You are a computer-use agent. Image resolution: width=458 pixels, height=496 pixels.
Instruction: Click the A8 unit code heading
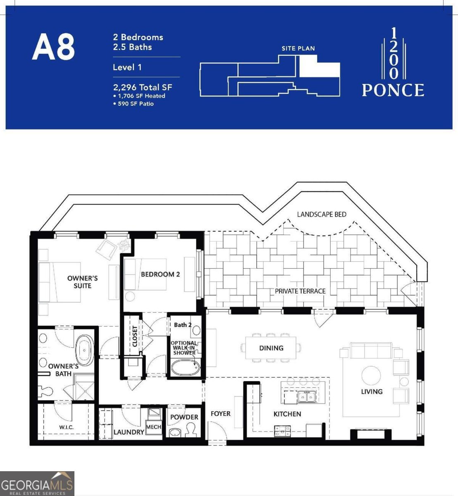53,47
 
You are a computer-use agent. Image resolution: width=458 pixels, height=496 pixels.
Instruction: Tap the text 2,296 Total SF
142,87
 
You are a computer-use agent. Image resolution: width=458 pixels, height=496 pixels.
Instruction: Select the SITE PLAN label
298,48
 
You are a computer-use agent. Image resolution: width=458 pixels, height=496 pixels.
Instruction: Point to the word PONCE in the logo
393,90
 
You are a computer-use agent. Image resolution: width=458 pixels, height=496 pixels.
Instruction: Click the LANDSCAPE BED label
322,215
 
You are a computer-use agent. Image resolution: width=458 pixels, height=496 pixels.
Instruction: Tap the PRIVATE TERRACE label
300,291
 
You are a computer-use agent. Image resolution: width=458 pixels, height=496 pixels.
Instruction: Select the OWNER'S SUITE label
82,282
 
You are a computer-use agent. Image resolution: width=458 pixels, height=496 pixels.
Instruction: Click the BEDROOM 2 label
160,274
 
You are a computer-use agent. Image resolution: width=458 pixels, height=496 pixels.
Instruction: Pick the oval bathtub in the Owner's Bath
85,350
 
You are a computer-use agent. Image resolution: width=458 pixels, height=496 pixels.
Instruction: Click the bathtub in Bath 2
186,367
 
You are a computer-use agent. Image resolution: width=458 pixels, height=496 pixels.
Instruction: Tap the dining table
271,348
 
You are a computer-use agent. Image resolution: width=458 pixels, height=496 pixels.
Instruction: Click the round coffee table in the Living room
371,375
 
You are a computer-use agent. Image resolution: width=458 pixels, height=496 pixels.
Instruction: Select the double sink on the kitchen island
306,397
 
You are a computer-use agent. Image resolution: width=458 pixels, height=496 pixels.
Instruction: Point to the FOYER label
220,413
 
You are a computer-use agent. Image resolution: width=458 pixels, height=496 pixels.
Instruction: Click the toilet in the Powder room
191,430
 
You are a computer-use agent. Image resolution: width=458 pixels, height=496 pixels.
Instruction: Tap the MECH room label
154,427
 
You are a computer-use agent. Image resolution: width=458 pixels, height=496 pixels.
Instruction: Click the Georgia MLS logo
37,483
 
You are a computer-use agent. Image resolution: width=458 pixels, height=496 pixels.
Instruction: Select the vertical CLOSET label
135,336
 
